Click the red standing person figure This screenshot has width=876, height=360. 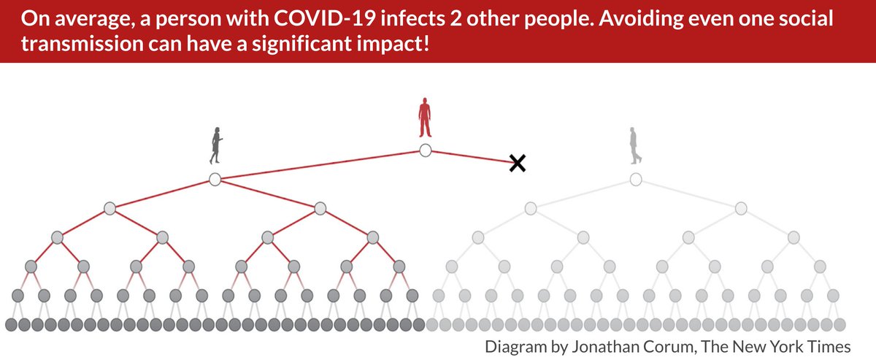click(x=425, y=118)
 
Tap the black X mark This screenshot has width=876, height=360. click(x=517, y=164)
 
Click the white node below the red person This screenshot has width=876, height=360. click(x=426, y=150)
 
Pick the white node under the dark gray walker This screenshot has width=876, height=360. click(x=215, y=179)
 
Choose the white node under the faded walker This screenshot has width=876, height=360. click(x=636, y=179)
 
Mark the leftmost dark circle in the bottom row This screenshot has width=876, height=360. click(x=11, y=324)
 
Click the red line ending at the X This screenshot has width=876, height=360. click(x=471, y=157)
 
